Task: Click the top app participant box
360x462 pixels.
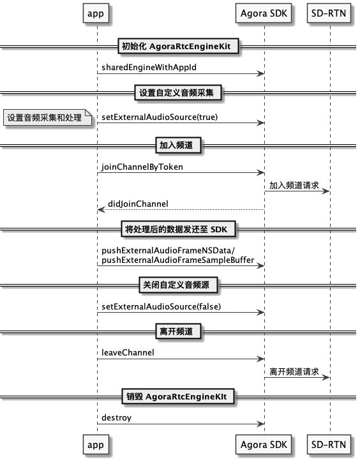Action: click(x=96, y=13)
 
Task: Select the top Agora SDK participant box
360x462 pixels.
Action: click(x=264, y=13)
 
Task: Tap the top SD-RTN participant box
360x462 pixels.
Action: click(x=329, y=13)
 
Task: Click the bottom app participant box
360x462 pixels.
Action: click(x=96, y=444)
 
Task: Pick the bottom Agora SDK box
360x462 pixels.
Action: click(x=264, y=444)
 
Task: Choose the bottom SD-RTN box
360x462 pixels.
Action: click(x=329, y=444)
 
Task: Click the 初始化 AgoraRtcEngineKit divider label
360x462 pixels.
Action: click(x=178, y=46)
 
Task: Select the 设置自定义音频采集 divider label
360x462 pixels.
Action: click(x=178, y=93)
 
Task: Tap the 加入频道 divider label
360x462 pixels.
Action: click(x=178, y=145)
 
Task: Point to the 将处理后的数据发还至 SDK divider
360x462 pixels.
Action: click(x=178, y=229)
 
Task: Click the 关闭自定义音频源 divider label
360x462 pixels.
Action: click(x=178, y=285)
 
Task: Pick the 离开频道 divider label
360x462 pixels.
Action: click(x=178, y=331)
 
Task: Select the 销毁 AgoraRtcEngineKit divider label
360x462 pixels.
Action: click(x=178, y=396)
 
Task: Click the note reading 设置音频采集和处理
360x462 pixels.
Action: click(x=47, y=117)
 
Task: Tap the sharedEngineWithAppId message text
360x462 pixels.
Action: click(x=149, y=68)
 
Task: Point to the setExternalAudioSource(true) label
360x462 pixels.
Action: click(x=160, y=117)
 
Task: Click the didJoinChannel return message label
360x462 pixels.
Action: click(x=138, y=204)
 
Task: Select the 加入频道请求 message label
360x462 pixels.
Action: click(x=294, y=185)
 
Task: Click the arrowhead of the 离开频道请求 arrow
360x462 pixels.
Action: click(x=326, y=377)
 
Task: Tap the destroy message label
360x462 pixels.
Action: click(x=116, y=418)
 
